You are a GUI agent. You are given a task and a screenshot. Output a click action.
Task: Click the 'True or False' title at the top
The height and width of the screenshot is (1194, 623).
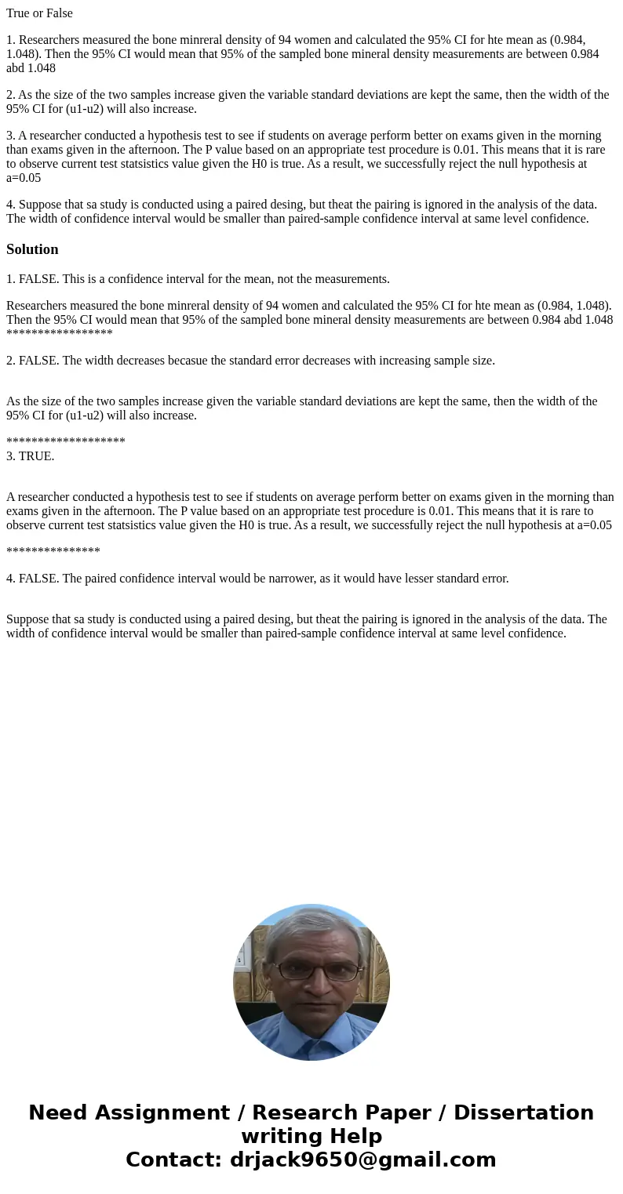pyautogui.click(x=39, y=13)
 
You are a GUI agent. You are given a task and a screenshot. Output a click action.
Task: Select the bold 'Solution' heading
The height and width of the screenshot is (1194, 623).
pyautogui.click(x=32, y=249)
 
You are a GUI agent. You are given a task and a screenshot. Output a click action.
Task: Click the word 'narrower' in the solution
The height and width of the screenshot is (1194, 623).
pyautogui.click(x=264, y=579)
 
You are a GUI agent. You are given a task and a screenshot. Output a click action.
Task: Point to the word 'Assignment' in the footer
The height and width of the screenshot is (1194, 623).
pyautogui.click(x=163, y=1112)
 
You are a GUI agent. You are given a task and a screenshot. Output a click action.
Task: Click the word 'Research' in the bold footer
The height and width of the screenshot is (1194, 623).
pyautogui.click(x=303, y=1112)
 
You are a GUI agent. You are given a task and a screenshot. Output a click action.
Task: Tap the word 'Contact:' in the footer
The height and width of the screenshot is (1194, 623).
pyautogui.click(x=174, y=1160)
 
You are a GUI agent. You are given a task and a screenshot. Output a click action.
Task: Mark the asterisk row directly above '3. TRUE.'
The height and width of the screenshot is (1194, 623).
pyautogui.click(x=66, y=441)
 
